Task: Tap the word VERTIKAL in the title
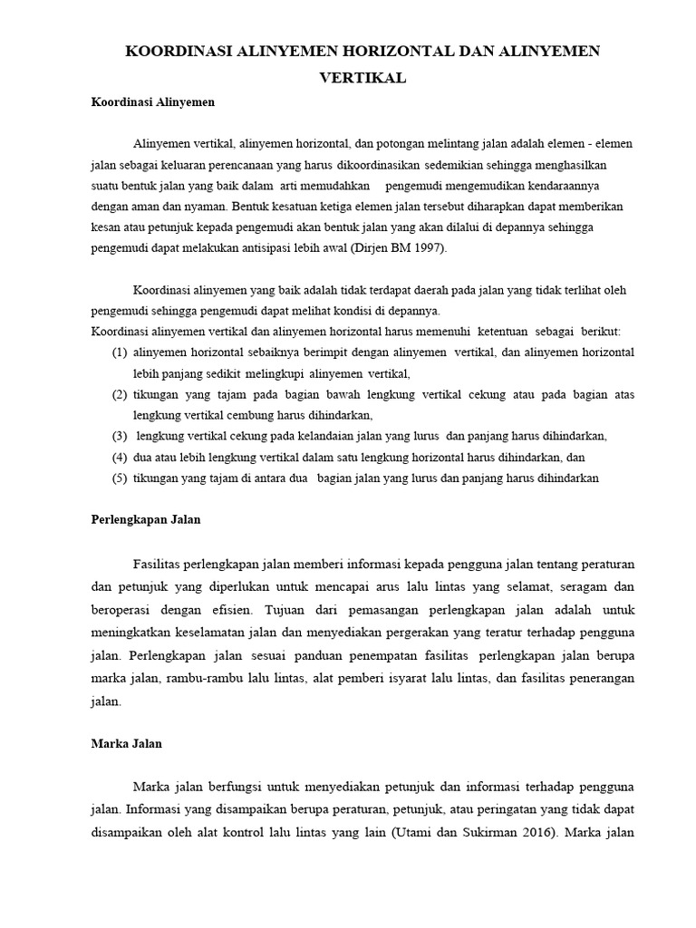click(x=362, y=79)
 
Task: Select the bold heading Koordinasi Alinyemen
click(x=153, y=102)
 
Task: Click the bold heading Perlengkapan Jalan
click(x=146, y=520)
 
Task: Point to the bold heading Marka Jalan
click(x=127, y=743)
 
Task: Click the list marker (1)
click(x=119, y=352)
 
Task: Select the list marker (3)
click(x=119, y=435)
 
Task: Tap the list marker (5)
click(x=119, y=478)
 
